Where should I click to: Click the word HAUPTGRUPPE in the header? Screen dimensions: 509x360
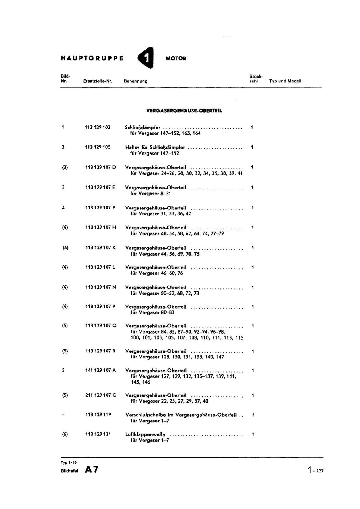pos(92,59)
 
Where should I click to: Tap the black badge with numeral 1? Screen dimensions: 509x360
pos(146,58)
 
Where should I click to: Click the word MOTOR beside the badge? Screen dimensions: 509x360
pos(176,59)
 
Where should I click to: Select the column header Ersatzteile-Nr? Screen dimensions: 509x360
pos(98,81)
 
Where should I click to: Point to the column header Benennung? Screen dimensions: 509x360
pos(135,81)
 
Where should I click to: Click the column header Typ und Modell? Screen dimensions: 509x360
pos(285,81)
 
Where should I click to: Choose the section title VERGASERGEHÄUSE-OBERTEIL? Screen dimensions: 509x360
pos(184,111)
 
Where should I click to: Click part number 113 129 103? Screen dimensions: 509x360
pos(98,127)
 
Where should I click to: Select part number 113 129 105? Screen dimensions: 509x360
pos(98,147)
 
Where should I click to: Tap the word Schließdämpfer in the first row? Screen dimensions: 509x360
pos(143,128)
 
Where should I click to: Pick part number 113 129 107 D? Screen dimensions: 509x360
pos(100,167)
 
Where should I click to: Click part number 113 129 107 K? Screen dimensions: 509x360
pos(100,248)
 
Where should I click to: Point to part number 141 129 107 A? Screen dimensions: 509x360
pos(100,370)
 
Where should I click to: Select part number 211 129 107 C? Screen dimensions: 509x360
pos(100,395)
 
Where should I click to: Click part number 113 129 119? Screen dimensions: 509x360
pos(98,415)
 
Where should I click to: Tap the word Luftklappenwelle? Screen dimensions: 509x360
pos(145,435)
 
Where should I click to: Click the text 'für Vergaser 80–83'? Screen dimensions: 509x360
pos(152,312)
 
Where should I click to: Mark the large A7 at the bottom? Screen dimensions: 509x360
pos(92,470)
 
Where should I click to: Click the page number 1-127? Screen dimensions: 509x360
pos(315,470)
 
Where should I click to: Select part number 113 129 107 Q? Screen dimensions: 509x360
pos(101,325)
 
